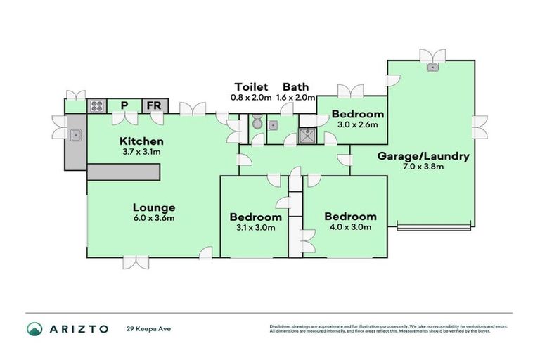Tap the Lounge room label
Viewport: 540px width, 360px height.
pyautogui.click(x=153, y=207)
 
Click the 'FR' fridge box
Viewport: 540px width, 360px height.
pyautogui.click(x=154, y=106)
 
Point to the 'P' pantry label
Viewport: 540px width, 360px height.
pyautogui.click(x=124, y=106)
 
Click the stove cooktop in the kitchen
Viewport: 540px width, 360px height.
pyautogui.click(x=96, y=107)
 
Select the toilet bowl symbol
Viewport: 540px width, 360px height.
pyautogui.click(x=257, y=124)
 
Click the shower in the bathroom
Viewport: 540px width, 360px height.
pyautogui.click(x=307, y=135)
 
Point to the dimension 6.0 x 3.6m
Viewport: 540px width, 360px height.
pyautogui.click(x=153, y=218)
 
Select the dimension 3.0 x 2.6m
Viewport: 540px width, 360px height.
pyautogui.click(x=358, y=124)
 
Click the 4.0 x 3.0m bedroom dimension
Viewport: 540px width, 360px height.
pyautogui.click(x=349, y=228)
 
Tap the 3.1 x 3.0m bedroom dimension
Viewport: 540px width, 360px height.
pyautogui.click(x=256, y=228)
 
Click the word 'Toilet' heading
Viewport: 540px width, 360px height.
pyautogui.click(x=250, y=86)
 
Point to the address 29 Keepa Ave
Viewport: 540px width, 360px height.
pyautogui.click(x=149, y=329)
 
